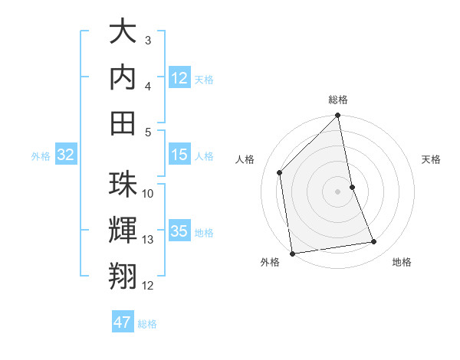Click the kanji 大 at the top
tap(123, 34)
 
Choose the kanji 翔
tap(123, 275)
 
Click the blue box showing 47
tap(123, 322)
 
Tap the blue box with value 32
tap(65, 155)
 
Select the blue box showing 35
tap(179, 231)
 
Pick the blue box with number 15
tap(179, 155)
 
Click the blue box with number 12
tap(179, 78)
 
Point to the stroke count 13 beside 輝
tap(148, 240)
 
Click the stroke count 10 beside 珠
tap(148, 193)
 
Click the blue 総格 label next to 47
tap(147, 323)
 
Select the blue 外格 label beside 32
tap(41, 156)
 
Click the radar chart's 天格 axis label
tap(431, 159)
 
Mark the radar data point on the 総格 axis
tap(337, 116)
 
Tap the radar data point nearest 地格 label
tap(374, 242)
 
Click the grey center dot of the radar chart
tap(337, 191)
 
